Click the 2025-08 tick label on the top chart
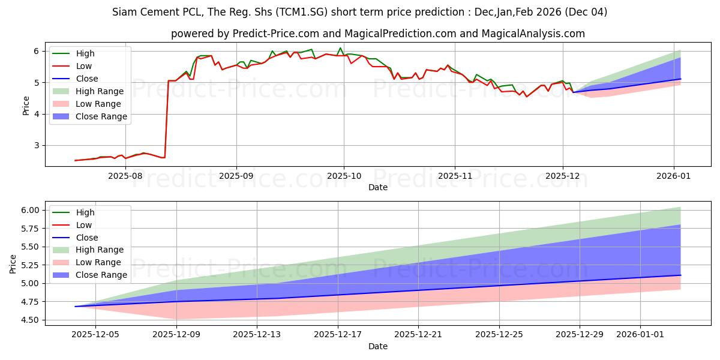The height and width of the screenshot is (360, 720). click(125, 175)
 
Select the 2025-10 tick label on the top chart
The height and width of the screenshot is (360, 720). click(344, 175)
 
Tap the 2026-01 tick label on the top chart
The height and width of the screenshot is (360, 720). click(674, 175)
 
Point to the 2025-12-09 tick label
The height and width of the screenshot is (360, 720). click(176, 334)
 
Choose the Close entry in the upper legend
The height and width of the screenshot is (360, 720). click(87, 79)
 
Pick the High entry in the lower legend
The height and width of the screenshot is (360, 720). click(85, 212)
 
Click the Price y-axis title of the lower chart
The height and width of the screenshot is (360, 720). click(13, 263)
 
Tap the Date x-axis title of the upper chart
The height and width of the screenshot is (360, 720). click(378, 187)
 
